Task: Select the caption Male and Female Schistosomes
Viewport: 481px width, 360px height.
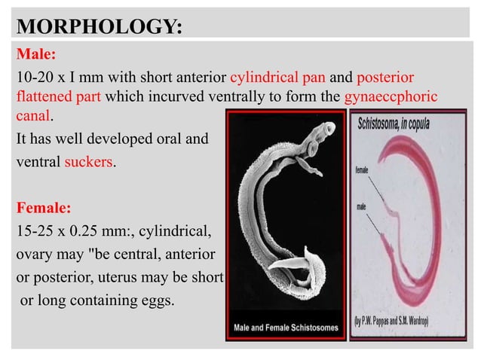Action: [x=286, y=330]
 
